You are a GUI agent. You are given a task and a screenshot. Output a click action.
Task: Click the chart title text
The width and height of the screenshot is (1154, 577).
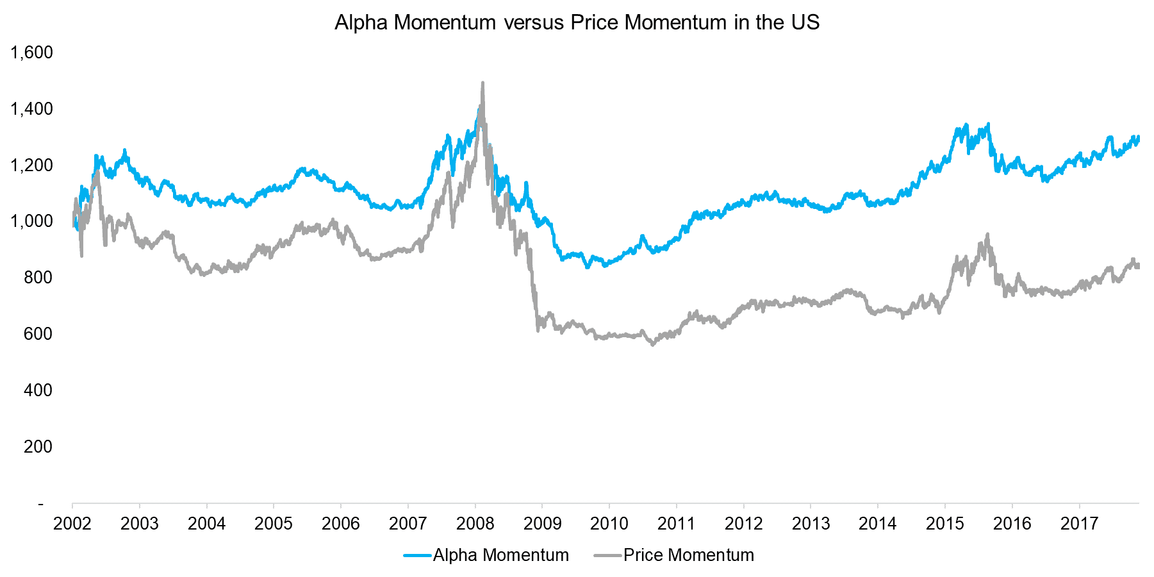tap(577, 22)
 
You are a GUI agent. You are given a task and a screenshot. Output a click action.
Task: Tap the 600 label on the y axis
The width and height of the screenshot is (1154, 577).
tap(38, 334)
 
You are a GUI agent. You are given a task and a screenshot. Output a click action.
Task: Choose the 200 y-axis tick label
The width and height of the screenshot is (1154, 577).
tap(38, 447)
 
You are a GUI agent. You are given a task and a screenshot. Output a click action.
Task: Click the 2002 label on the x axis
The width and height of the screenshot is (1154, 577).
tap(72, 524)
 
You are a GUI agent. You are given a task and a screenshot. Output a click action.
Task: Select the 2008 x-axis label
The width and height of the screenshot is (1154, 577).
tap(475, 524)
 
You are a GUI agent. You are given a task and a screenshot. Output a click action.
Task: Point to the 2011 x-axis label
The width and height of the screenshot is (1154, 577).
tap(677, 524)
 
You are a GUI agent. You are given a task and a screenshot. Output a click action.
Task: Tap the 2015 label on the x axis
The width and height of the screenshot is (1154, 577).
tap(945, 524)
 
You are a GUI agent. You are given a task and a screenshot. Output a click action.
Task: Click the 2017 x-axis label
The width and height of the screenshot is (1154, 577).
tap(1080, 524)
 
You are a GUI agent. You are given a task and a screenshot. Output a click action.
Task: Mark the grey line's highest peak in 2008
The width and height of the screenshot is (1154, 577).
tap(482, 83)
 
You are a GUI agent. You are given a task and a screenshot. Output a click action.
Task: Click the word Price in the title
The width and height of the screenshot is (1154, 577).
tap(595, 22)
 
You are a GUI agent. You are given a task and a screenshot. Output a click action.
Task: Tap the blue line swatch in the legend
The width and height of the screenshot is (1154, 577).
tap(416, 555)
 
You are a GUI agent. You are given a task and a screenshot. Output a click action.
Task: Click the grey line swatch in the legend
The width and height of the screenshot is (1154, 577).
tap(607, 555)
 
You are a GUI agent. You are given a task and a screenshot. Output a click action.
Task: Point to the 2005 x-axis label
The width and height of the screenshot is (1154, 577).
tap(274, 524)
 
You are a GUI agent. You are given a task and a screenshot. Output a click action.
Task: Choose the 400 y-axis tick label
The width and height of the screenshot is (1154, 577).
tap(38, 390)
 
